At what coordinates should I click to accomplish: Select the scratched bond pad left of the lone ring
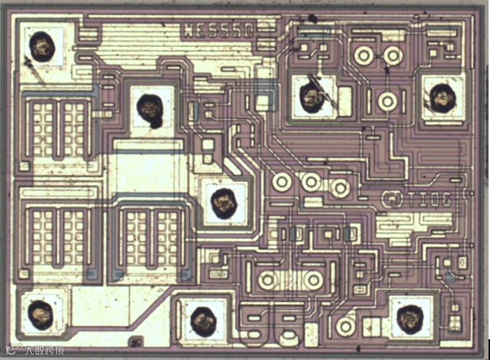pyautogui.click(x=312, y=95)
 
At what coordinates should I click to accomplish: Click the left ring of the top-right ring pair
pyautogui.click(x=363, y=55)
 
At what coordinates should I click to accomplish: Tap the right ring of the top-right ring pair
pyautogui.click(x=392, y=55)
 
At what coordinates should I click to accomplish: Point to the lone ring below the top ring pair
pyautogui.click(x=388, y=102)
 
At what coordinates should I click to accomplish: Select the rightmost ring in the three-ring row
pyautogui.click(x=340, y=188)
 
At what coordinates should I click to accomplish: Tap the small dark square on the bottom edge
pyautogui.click(x=133, y=342)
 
